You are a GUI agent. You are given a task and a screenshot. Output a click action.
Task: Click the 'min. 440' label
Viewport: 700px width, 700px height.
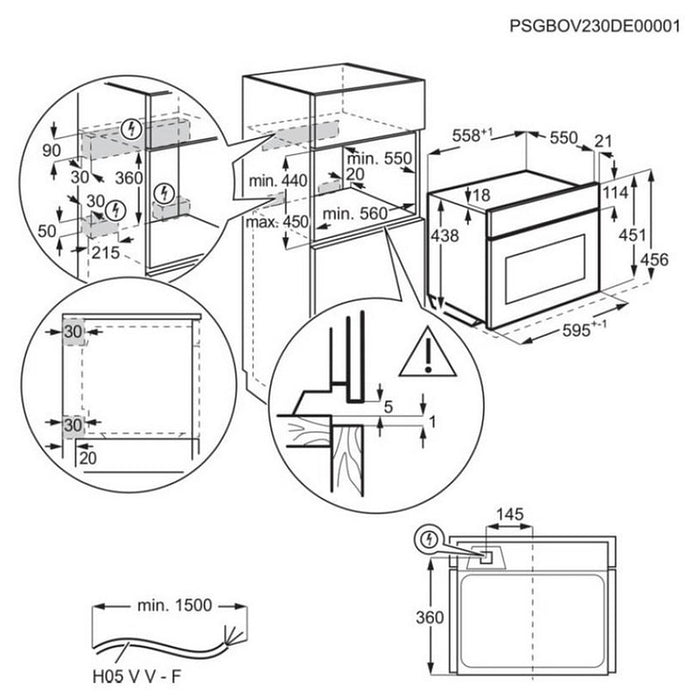tap(277, 180)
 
